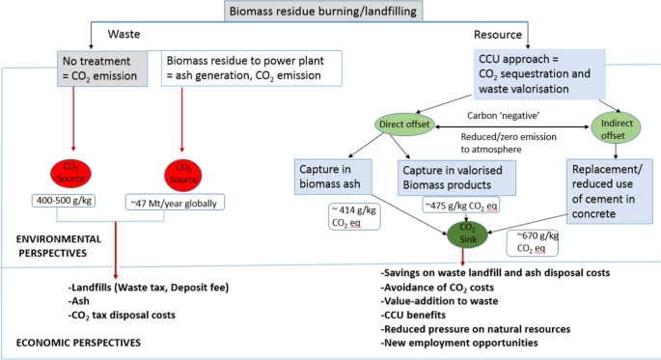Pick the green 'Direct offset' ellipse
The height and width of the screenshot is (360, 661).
coord(404,125)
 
